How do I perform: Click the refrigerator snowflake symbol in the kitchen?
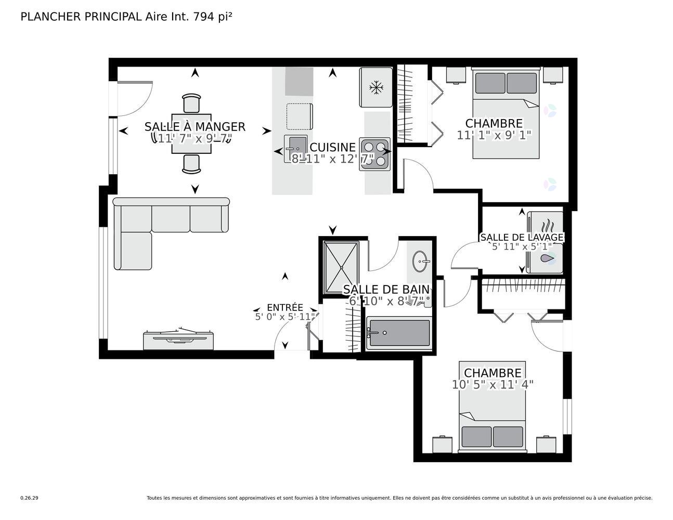click(375, 87)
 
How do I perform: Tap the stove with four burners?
click(374, 154)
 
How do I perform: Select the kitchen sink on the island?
click(295, 148)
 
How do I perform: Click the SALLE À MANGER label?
click(195, 127)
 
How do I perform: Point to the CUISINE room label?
click(332, 148)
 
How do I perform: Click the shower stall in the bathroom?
click(341, 267)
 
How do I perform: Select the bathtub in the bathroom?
click(398, 333)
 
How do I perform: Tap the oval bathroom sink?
click(420, 261)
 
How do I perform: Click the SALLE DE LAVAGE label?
click(521, 238)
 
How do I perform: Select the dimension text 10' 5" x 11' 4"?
click(493, 385)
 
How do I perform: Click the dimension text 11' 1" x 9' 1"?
click(494, 135)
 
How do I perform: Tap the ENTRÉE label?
click(284, 307)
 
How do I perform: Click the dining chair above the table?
click(191, 103)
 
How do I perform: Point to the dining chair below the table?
click(191, 164)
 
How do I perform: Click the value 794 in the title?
click(203, 17)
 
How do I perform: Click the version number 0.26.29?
click(29, 498)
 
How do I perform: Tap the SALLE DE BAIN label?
click(386, 290)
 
